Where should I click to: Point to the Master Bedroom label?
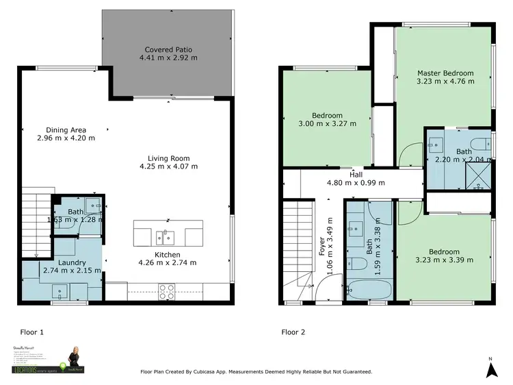[x=445, y=73]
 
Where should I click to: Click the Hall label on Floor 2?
[x=355, y=175]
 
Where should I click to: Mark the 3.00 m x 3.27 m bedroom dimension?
[x=327, y=124]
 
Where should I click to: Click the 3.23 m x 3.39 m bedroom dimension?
[x=445, y=260]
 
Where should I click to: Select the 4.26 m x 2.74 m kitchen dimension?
[x=168, y=262]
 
